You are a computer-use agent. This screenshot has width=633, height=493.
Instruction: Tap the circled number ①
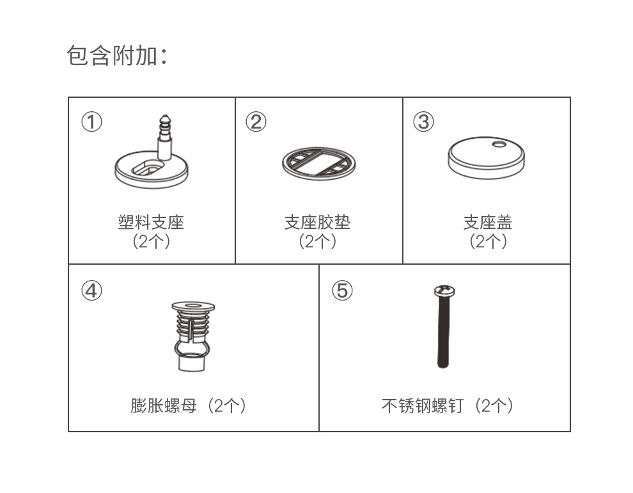point(91,121)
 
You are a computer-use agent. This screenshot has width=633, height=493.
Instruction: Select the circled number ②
point(256,121)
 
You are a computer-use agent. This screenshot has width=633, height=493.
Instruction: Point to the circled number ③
point(423,121)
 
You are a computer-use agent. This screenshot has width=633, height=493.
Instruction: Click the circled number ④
point(91,290)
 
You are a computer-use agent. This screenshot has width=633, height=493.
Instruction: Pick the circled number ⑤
point(342,290)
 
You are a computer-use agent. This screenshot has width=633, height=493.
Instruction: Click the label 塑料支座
point(151,223)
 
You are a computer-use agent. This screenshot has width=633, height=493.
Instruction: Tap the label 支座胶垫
point(318,223)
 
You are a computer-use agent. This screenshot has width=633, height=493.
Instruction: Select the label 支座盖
point(488,223)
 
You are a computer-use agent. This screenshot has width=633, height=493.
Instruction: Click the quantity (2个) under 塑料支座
point(151,242)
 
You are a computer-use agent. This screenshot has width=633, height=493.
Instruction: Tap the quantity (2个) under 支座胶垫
point(318,242)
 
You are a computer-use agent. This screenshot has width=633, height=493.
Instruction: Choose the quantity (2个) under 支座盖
point(488,242)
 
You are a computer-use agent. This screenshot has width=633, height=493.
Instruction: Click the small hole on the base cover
point(499,145)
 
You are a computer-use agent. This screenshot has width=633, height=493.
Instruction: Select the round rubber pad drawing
point(318,163)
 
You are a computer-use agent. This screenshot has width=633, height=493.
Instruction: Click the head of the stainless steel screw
point(444,292)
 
